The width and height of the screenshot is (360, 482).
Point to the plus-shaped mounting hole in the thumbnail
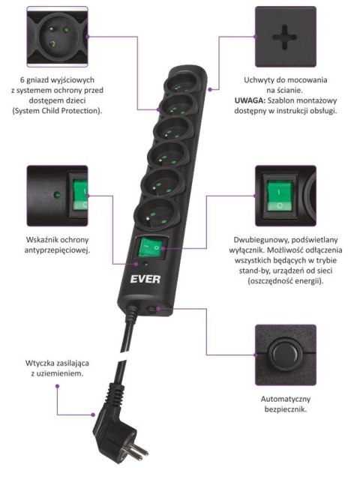[286, 34]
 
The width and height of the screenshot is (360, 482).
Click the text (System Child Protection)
[58, 111]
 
